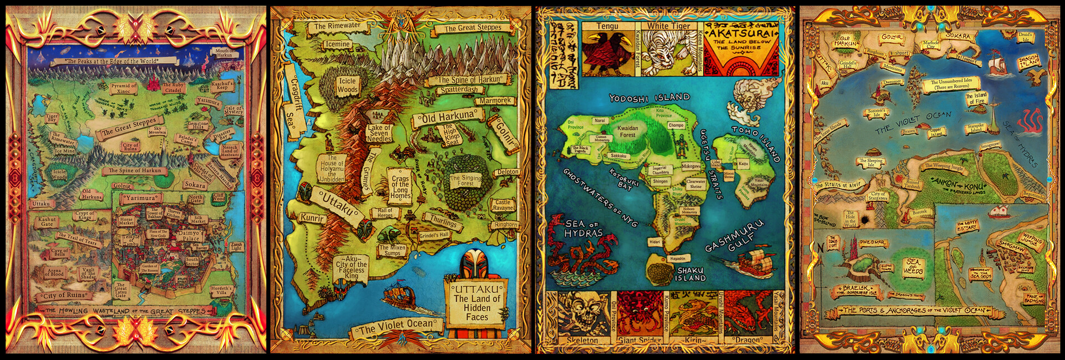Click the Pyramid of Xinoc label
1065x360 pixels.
[x=123, y=88]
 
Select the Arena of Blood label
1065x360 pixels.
[x=54, y=272]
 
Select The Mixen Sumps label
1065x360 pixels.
[x=392, y=250]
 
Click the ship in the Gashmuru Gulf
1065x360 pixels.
[x=755, y=263]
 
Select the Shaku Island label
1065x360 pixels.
[x=690, y=274]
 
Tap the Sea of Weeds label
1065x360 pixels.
[x=913, y=266]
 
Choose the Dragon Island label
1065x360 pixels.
[x=1028, y=62]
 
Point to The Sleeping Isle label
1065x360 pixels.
[x=870, y=163]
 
